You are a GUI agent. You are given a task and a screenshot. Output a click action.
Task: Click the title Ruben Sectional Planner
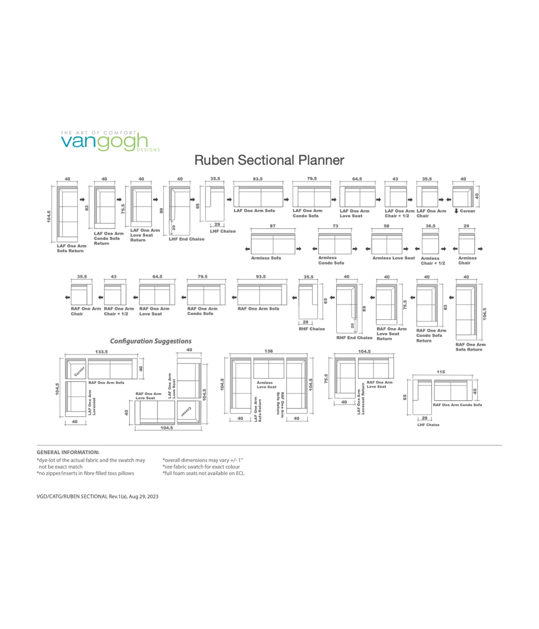point(269,160)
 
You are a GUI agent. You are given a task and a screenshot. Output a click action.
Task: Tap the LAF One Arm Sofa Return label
point(71,248)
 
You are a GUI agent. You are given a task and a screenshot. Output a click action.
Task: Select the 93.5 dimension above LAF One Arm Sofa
point(258,179)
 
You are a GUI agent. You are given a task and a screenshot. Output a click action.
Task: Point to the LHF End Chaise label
point(186,239)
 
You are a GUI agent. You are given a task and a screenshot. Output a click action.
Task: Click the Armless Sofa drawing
point(273,244)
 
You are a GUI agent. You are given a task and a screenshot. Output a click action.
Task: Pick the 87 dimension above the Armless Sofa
point(273,226)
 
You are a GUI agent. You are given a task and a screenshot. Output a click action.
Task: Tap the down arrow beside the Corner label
point(456,211)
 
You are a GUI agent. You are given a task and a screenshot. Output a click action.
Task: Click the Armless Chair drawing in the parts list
point(467,244)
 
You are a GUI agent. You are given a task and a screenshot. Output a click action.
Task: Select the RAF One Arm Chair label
point(86,311)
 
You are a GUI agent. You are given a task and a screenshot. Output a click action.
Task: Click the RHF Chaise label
point(311,329)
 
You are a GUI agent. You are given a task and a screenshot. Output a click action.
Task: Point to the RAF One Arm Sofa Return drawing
point(466,312)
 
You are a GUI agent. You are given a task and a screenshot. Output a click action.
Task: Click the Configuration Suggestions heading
point(151,341)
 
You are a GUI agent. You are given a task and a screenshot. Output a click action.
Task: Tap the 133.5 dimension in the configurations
point(102,352)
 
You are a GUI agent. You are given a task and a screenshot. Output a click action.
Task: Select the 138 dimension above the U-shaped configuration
point(269,351)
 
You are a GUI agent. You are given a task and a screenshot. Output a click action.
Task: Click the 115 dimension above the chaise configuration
point(441,372)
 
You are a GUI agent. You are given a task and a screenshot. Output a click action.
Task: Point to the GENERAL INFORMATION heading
point(68,452)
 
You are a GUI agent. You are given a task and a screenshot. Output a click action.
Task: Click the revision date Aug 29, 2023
point(144,496)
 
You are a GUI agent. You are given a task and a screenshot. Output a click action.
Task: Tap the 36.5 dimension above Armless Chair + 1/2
point(430,226)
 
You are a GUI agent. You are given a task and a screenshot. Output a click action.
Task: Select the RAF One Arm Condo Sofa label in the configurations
point(457,405)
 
